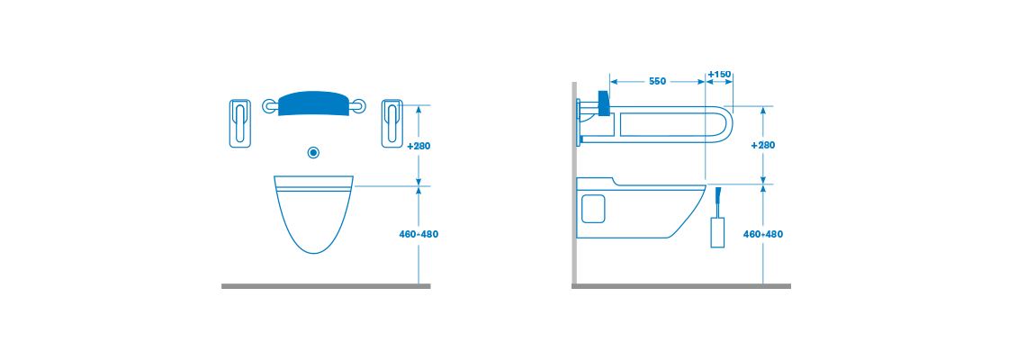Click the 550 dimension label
pos(656,82)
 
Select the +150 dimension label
pos(720,74)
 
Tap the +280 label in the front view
pos(419,146)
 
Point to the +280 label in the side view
pos(763,145)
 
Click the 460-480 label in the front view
pos(419,234)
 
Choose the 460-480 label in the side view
pos(763,234)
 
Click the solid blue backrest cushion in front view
pos(314,103)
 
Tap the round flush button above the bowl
pos(314,152)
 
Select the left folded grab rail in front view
pos(240,123)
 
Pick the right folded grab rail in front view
pos(391,123)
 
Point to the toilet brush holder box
pos(717,232)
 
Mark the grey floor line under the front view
pos(326,286)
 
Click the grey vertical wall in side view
pos(574,183)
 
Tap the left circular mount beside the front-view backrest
pos(269,105)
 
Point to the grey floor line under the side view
pos(681,286)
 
